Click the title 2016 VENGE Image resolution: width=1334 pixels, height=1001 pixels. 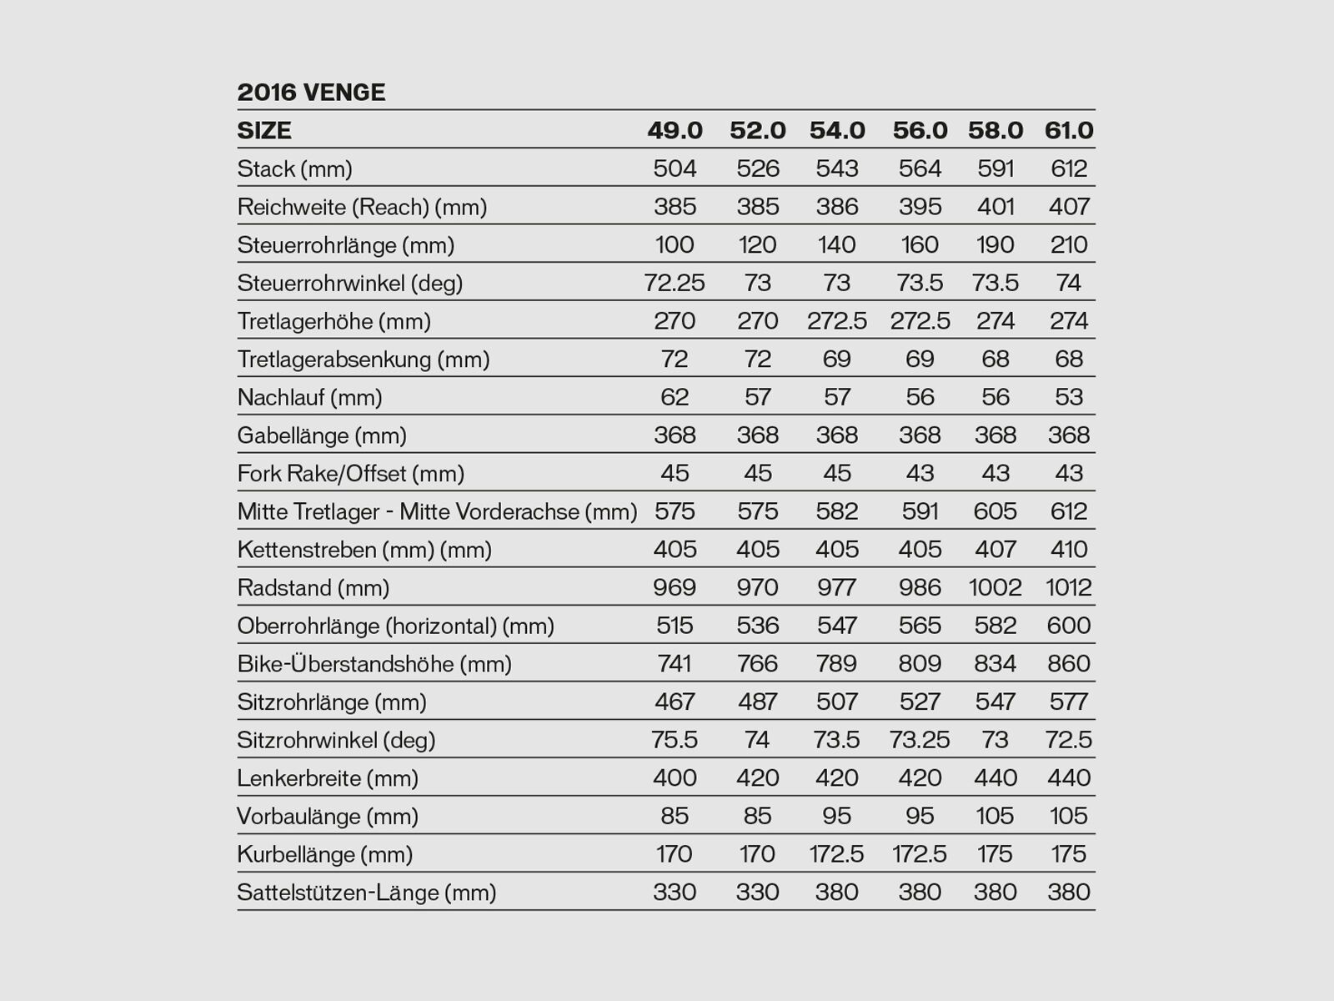[x=311, y=93]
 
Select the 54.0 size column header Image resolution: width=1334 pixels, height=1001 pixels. [x=837, y=131]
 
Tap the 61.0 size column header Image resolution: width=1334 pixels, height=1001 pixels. [x=1069, y=131]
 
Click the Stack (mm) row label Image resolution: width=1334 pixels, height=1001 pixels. [x=294, y=169]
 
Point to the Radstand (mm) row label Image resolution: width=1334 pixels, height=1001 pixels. [x=313, y=588]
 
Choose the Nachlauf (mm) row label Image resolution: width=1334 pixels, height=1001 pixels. [x=309, y=398]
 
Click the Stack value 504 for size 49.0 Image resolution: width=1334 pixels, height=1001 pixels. [x=675, y=169]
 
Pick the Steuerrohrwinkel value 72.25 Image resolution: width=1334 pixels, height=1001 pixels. [x=675, y=284]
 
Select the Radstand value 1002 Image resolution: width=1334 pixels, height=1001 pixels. [x=995, y=588]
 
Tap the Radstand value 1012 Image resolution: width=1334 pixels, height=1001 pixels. [x=1069, y=588]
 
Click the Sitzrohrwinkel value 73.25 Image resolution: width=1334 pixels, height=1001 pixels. [x=920, y=741]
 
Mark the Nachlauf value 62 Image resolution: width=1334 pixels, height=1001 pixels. [x=675, y=398]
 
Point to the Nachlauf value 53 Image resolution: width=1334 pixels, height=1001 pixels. [x=1069, y=398]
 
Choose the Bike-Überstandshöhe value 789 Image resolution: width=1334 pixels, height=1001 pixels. [x=837, y=664]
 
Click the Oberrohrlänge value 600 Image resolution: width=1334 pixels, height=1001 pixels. [x=1069, y=626]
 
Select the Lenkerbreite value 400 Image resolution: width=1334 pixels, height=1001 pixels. [x=675, y=778]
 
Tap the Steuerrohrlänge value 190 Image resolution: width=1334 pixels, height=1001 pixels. [x=995, y=245]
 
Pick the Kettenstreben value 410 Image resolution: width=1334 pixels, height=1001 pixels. [x=1069, y=550]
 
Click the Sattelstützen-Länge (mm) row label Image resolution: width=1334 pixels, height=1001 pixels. [x=366, y=893]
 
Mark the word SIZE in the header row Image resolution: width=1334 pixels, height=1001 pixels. [x=264, y=131]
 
